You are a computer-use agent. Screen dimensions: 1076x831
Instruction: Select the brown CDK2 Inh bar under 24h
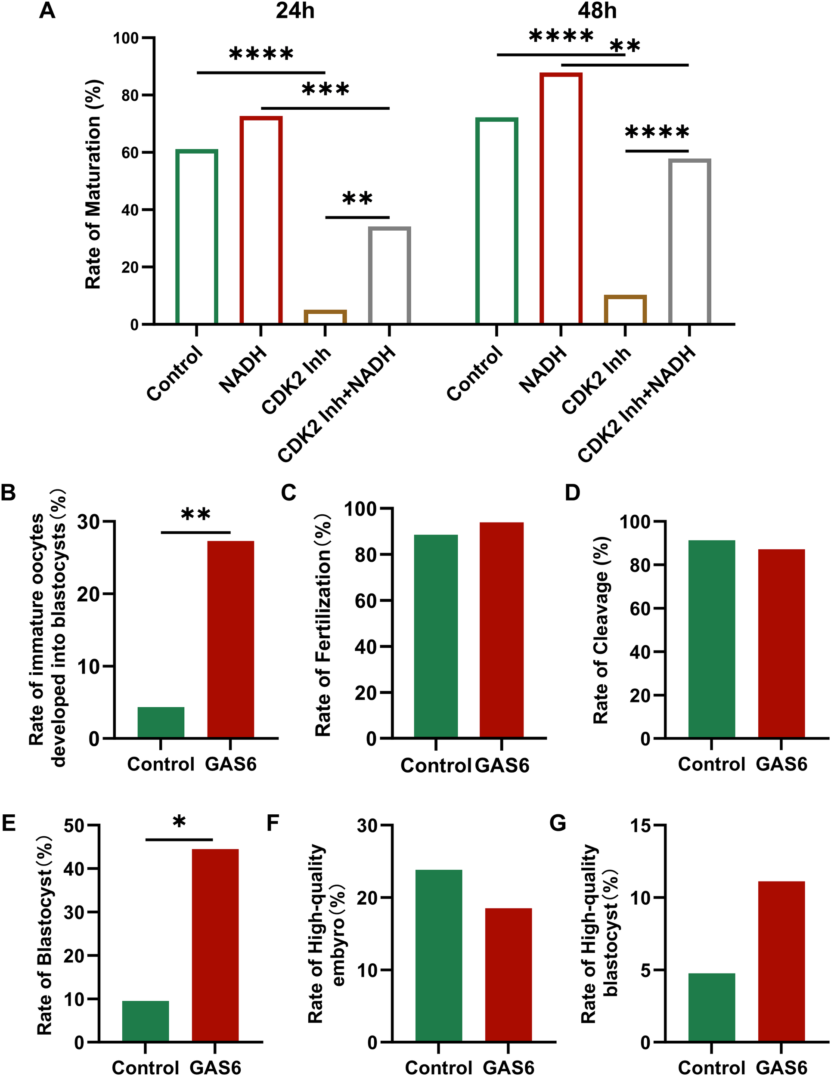(326, 316)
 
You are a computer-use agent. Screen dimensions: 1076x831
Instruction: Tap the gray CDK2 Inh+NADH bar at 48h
(689, 241)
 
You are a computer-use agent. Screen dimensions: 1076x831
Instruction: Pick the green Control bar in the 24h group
(197, 236)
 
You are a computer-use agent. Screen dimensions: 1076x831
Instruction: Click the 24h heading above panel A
(295, 11)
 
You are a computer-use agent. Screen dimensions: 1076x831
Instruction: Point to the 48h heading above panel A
(597, 11)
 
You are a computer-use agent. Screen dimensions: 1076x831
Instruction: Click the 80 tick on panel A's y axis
(130, 95)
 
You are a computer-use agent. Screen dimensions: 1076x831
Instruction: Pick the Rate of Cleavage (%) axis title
(602, 629)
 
